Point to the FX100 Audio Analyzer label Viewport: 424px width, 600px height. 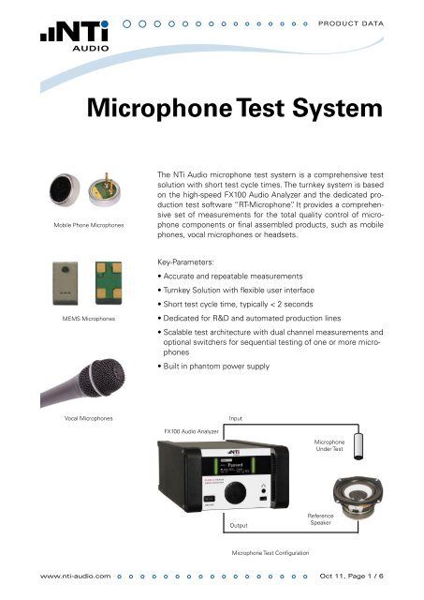pyautogui.click(x=192, y=432)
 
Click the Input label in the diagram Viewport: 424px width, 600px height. pyautogui.click(x=236, y=417)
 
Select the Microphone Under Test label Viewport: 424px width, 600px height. pyautogui.click(x=329, y=444)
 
